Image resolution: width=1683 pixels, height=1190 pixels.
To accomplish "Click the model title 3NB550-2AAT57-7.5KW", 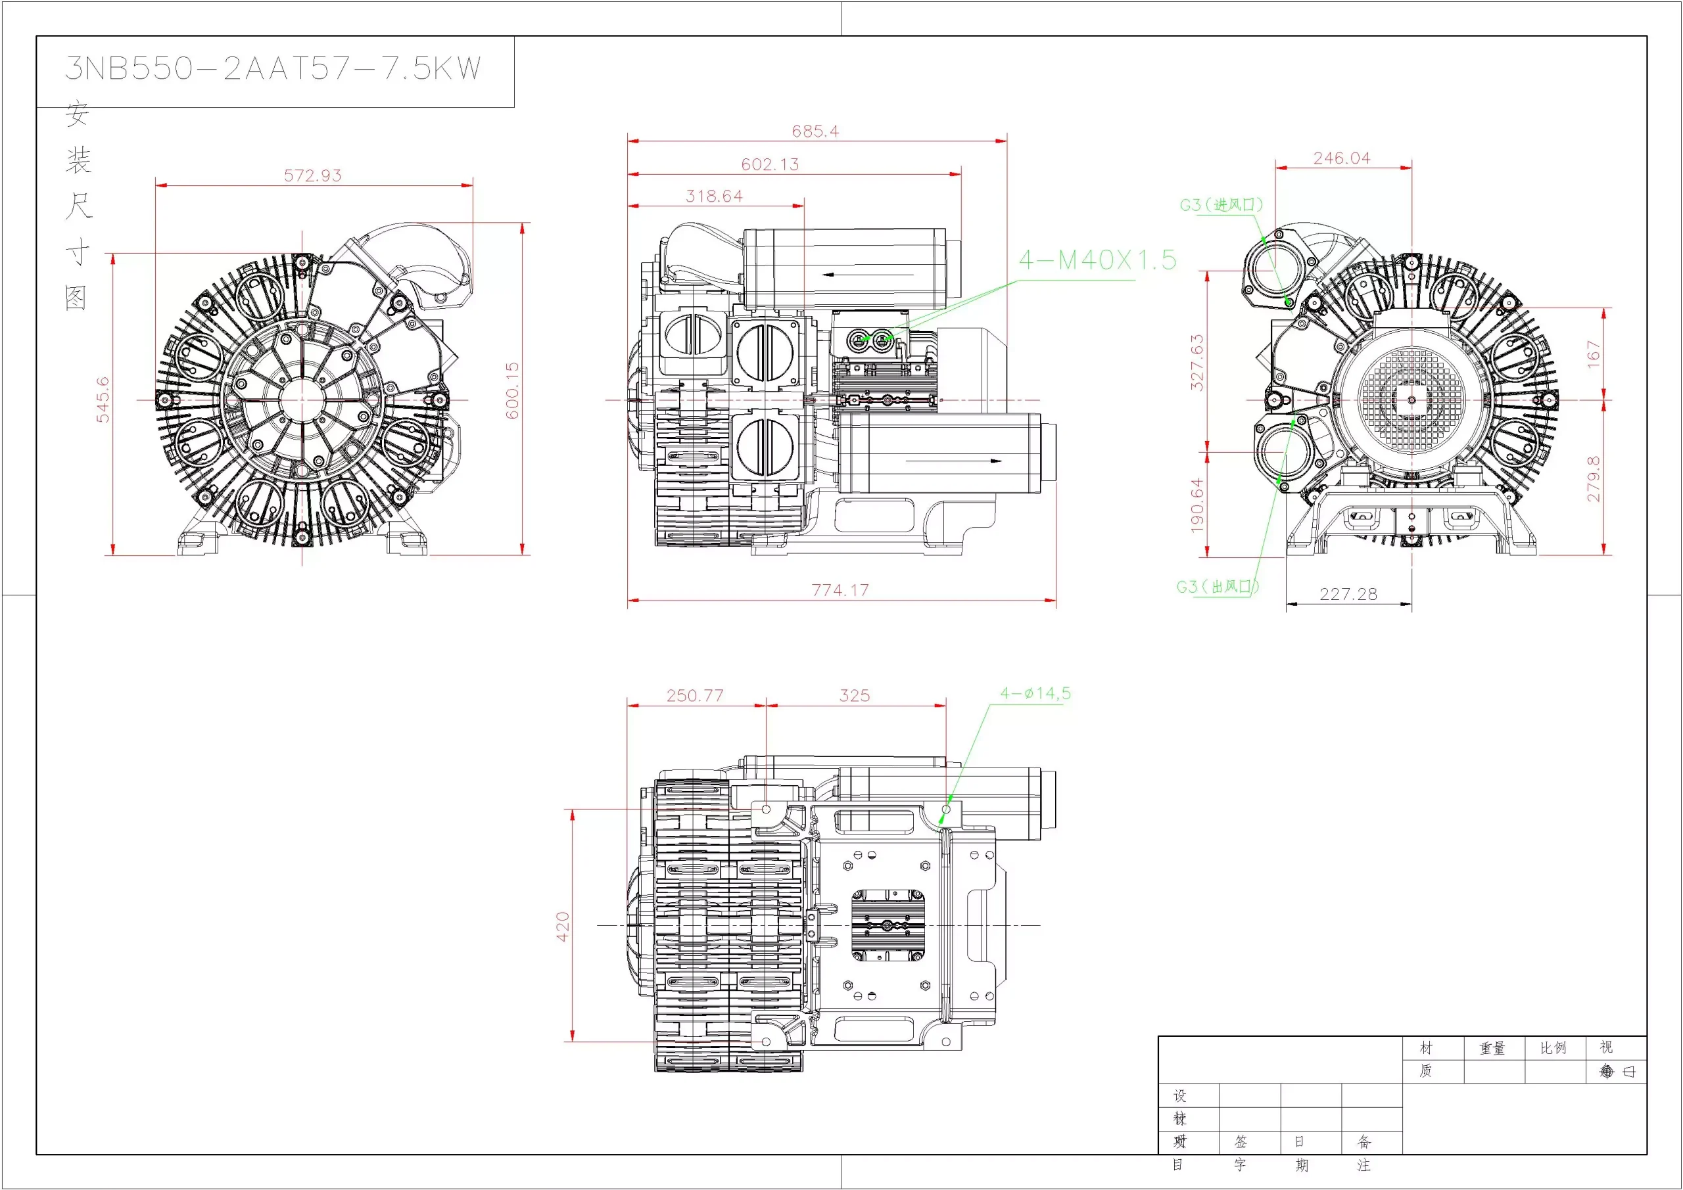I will pos(273,69).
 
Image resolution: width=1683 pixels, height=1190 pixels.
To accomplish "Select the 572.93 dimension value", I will pos(313,176).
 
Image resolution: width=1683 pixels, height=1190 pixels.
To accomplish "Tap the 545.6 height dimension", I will pos(103,400).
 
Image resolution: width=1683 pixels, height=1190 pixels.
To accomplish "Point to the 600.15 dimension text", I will pos(512,390).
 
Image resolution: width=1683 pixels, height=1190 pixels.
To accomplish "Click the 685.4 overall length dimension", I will pos(815,131).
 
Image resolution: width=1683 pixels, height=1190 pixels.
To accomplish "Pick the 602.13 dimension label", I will pos(770,165).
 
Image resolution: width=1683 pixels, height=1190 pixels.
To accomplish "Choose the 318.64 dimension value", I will pos(714,196).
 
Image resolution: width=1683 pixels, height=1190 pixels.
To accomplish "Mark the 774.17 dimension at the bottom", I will pos(840,590).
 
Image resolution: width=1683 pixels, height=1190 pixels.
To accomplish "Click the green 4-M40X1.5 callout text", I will pos(1097,260).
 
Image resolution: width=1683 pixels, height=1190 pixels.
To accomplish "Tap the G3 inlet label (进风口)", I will pos(1221,205).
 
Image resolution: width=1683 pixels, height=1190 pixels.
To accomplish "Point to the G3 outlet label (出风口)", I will pos(1218,587).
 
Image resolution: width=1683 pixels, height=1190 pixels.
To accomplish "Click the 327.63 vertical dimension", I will pos(1197,362).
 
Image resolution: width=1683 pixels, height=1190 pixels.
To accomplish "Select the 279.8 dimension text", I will pos(1594,478).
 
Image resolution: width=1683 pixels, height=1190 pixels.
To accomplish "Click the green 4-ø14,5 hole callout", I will pos(1035,693).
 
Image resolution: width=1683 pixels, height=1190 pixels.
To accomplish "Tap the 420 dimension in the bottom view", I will pos(563,927).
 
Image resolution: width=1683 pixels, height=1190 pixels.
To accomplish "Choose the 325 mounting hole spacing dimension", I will pos(855,695).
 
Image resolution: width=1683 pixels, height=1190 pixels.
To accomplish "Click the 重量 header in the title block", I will pos(1492,1049).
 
